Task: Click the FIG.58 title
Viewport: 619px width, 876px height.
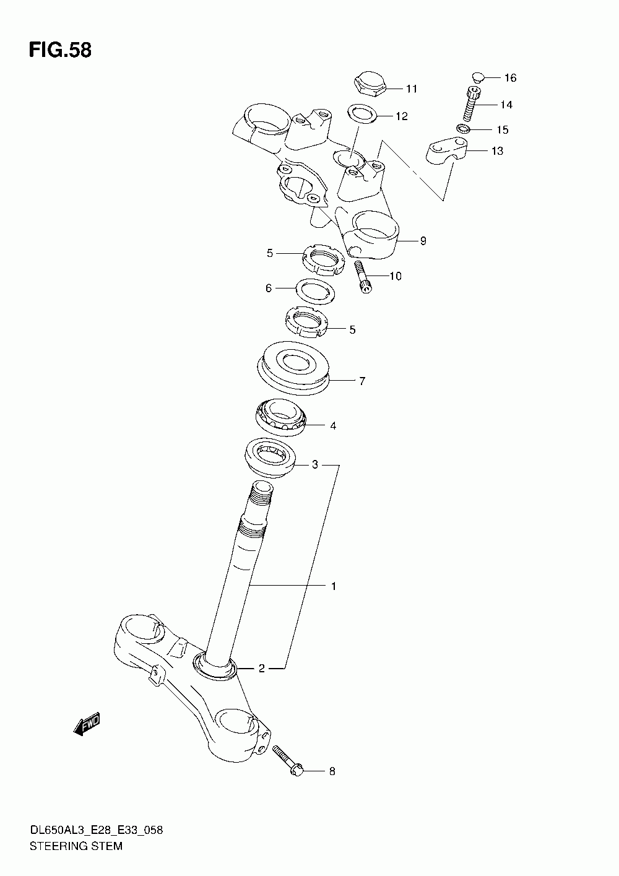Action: (x=60, y=50)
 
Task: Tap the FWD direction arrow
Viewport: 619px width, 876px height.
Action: (x=87, y=724)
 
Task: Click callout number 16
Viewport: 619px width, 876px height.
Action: (x=509, y=77)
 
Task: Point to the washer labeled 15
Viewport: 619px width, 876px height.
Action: (x=462, y=129)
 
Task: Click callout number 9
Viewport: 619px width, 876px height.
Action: (x=423, y=241)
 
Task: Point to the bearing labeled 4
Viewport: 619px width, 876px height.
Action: (x=281, y=417)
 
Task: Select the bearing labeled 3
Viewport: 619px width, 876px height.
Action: (x=270, y=457)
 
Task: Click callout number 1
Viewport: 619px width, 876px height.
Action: (x=333, y=586)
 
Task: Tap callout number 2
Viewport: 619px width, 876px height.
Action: (x=261, y=668)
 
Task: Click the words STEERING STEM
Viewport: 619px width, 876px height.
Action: (x=76, y=846)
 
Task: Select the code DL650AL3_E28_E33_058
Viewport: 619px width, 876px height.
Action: (x=96, y=830)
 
